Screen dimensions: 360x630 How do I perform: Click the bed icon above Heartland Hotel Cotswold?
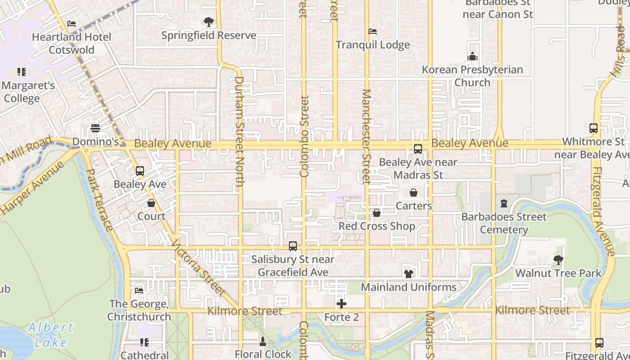72,24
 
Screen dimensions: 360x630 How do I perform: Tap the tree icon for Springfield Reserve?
208,22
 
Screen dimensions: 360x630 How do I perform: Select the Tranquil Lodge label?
373,45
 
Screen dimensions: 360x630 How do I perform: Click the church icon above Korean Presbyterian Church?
472,56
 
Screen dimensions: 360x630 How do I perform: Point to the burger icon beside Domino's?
95,128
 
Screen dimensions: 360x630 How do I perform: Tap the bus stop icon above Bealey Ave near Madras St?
418,149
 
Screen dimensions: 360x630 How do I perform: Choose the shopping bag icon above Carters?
414,193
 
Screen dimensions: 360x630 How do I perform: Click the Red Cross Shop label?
377,226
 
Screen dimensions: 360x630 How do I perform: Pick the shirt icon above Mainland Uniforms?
409,273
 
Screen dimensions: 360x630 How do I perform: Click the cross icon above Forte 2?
342,304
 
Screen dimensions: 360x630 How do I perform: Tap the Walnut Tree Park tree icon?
558,260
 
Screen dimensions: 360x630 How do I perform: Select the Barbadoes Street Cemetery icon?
504,204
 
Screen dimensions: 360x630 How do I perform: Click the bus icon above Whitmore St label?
593,128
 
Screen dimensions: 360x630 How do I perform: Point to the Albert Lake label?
50,335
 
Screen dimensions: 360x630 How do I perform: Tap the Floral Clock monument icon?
263,341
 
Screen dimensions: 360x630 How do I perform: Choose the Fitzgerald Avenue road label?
603,211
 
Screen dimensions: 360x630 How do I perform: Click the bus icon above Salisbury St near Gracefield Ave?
293,246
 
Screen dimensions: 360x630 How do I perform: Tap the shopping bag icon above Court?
151,203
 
